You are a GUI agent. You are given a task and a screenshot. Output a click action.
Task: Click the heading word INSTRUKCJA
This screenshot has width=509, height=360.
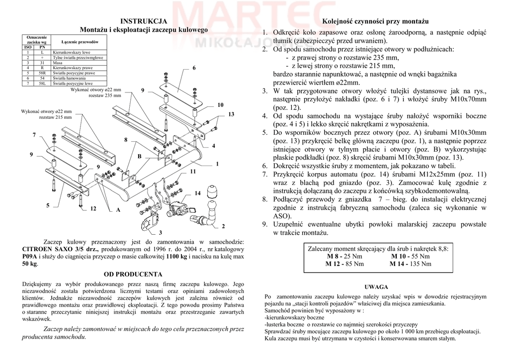pos(144,21)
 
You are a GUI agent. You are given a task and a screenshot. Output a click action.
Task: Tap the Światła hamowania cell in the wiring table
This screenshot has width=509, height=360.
pos(69,79)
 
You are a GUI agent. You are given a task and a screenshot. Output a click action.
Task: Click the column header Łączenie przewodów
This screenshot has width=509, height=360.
pos(80,42)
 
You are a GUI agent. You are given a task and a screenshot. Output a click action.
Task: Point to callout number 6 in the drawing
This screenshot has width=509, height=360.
pos(194,67)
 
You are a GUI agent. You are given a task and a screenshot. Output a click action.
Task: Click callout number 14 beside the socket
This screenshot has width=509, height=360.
pos(197,193)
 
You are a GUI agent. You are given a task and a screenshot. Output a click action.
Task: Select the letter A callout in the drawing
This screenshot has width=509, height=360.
pos(118,210)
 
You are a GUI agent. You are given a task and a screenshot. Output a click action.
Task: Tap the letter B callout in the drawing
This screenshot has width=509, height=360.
pos(139,157)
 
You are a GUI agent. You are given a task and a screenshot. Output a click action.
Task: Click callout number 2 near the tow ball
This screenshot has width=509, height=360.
pos(223,227)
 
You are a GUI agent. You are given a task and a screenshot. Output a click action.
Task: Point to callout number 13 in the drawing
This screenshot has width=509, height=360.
pos(231,114)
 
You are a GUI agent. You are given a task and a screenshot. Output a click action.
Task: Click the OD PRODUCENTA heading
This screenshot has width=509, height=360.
pos(133,274)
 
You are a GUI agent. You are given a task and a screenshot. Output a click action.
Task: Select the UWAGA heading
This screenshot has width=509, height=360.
pos(376,287)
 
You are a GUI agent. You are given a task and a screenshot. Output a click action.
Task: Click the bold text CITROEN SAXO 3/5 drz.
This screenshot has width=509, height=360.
pos(61,249)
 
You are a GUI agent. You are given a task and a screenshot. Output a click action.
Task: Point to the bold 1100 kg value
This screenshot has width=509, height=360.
pos(176,257)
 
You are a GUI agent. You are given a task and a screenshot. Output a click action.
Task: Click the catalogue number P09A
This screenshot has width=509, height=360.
pos(30,257)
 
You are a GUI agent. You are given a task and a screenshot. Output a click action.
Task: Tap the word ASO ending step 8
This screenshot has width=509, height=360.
pos(281,216)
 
